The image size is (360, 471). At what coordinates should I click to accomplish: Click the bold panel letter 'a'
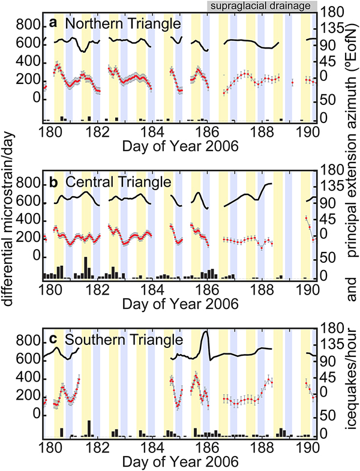pos(53,24)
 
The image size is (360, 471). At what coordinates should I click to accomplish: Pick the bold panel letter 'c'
pos(53,340)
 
